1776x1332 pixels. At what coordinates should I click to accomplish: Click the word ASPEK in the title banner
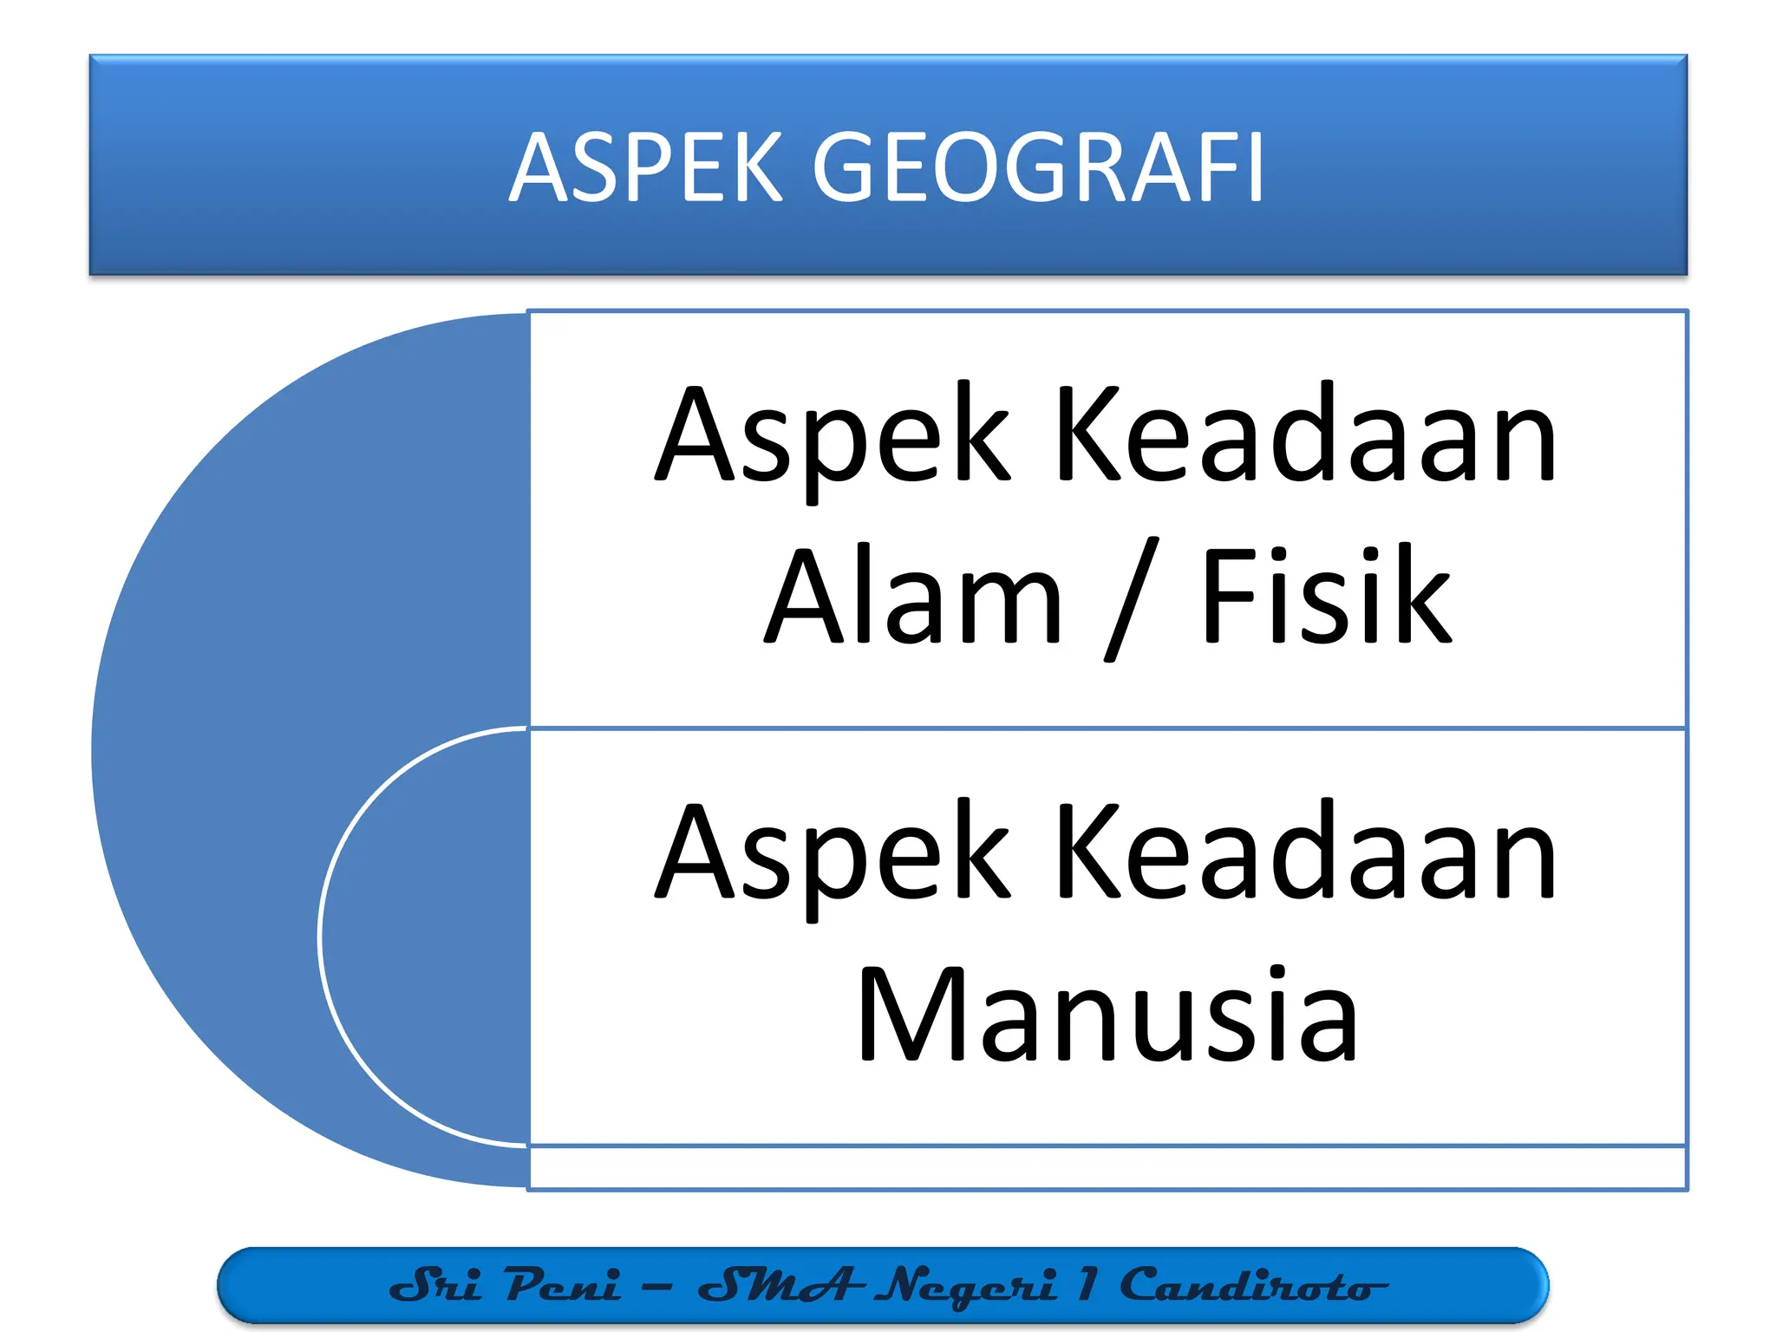645,166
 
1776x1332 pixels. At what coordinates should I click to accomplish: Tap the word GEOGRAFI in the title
1037,166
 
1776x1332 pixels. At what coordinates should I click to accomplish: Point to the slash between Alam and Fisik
1131,598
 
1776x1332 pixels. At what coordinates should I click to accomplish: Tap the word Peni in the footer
563,1284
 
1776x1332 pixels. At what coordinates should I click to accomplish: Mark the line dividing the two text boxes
1107,728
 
